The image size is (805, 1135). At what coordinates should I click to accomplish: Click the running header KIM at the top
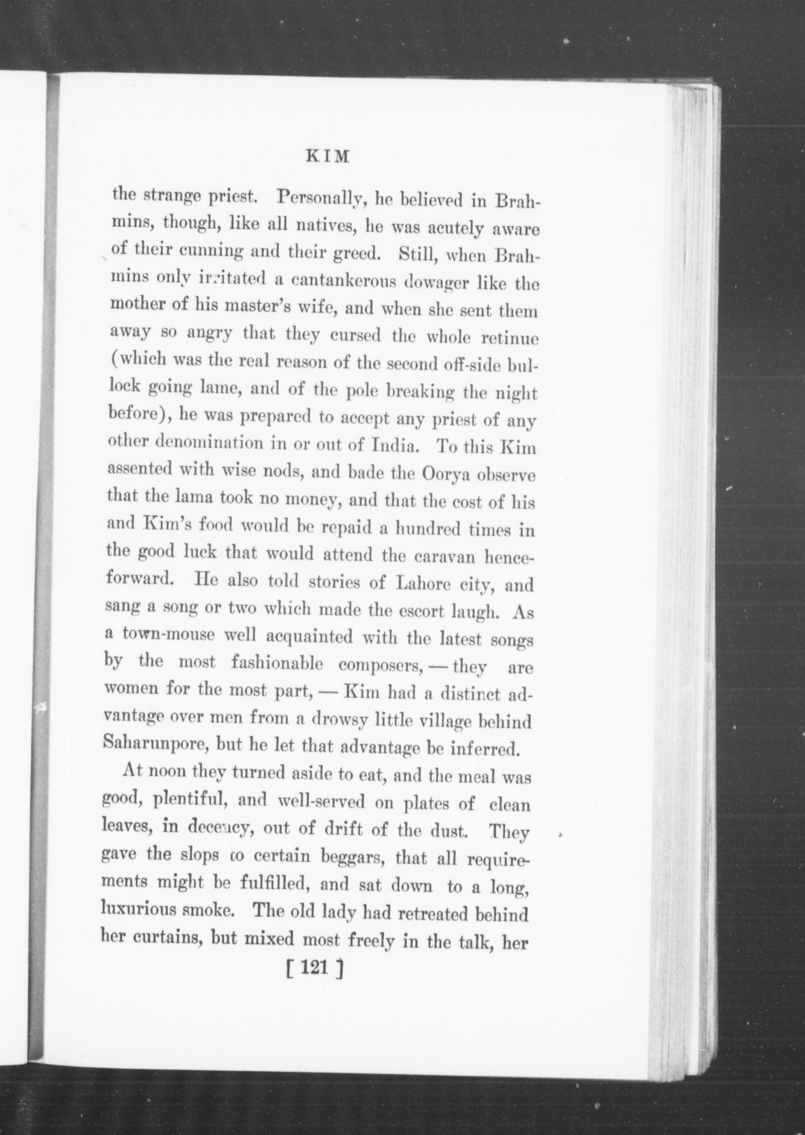coord(327,157)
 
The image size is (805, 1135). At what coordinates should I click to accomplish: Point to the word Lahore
coord(420,583)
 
